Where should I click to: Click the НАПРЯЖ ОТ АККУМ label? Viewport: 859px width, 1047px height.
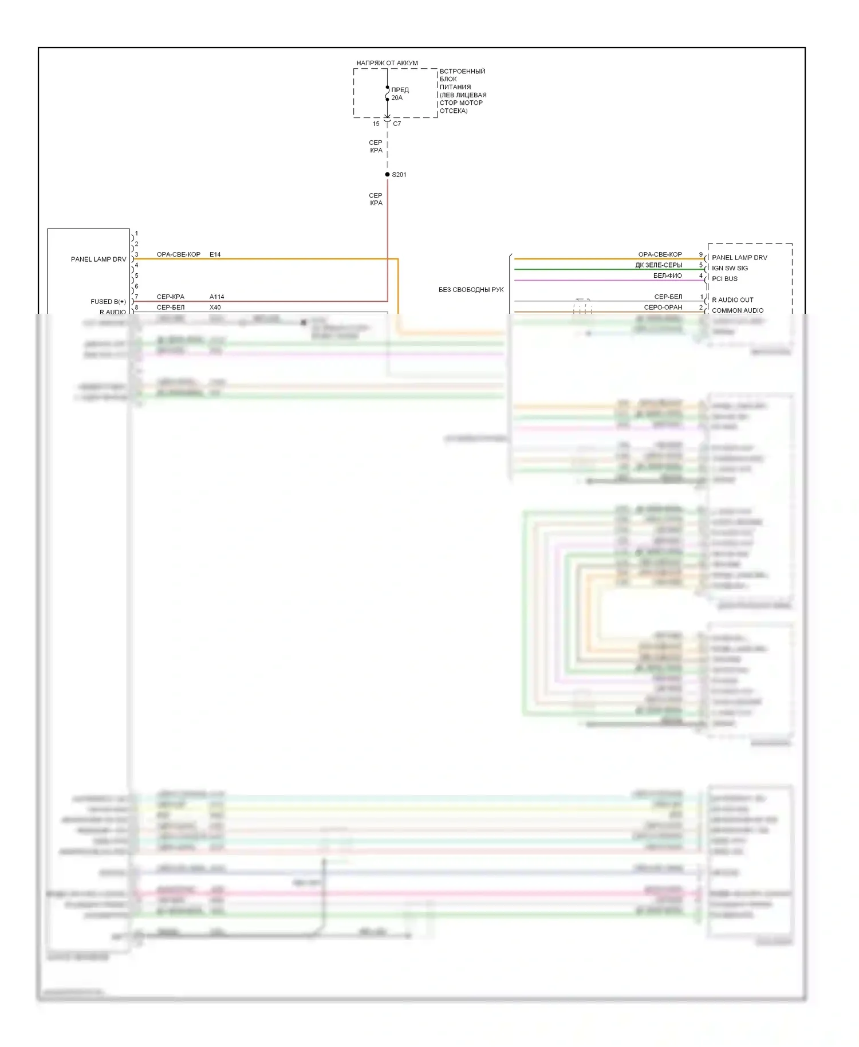[x=387, y=63]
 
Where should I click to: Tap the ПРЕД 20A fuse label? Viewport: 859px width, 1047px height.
[x=400, y=94]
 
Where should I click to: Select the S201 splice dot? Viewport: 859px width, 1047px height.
[x=388, y=175]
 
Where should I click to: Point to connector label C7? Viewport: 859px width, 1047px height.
[x=397, y=124]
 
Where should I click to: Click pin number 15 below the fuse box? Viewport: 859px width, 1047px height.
[x=376, y=124]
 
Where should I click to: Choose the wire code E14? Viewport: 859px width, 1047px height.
[x=215, y=254]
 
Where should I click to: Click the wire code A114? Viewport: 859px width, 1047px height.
[x=216, y=297]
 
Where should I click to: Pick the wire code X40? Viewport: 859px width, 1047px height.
[x=215, y=308]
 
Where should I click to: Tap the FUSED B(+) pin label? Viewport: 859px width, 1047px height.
[x=108, y=302]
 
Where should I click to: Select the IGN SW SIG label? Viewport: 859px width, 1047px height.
[x=730, y=268]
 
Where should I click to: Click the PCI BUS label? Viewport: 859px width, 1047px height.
[x=724, y=279]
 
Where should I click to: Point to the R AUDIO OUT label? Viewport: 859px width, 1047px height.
[x=732, y=300]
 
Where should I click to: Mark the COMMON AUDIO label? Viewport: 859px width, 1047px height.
[x=738, y=310]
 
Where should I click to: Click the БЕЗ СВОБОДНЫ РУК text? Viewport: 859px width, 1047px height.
[x=471, y=290]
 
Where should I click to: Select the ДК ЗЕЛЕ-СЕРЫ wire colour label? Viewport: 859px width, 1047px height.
[x=659, y=265]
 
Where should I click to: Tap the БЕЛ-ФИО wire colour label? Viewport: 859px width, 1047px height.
[x=667, y=276]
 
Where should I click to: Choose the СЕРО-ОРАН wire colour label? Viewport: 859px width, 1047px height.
[x=663, y=308]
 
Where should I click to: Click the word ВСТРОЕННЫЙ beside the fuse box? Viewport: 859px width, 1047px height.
[x=462, y=72]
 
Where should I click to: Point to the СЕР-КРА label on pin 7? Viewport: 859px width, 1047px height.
[x=170, y=297]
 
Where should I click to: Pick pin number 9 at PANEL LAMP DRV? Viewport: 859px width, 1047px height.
[x=700, y=254]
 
